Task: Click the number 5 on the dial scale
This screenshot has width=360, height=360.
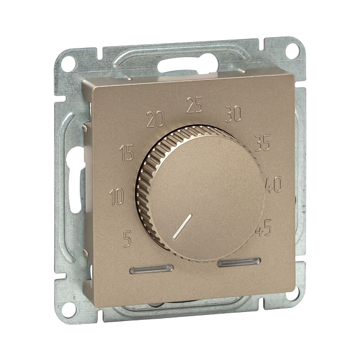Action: [127, 239]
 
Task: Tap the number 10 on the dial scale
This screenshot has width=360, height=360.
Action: [116, 197]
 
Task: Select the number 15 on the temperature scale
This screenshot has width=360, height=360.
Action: [127, 152]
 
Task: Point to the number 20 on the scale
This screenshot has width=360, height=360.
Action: [155, 119]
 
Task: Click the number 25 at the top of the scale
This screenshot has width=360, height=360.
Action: [194, 105]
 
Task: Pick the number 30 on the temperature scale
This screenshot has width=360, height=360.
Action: [233, 113]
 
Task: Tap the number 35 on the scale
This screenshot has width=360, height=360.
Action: [263, 143]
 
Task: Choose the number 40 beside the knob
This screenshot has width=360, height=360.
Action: [273, 184]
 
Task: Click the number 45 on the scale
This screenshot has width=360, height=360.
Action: [264, 228]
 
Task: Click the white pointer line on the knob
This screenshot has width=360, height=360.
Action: [182, 227]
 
